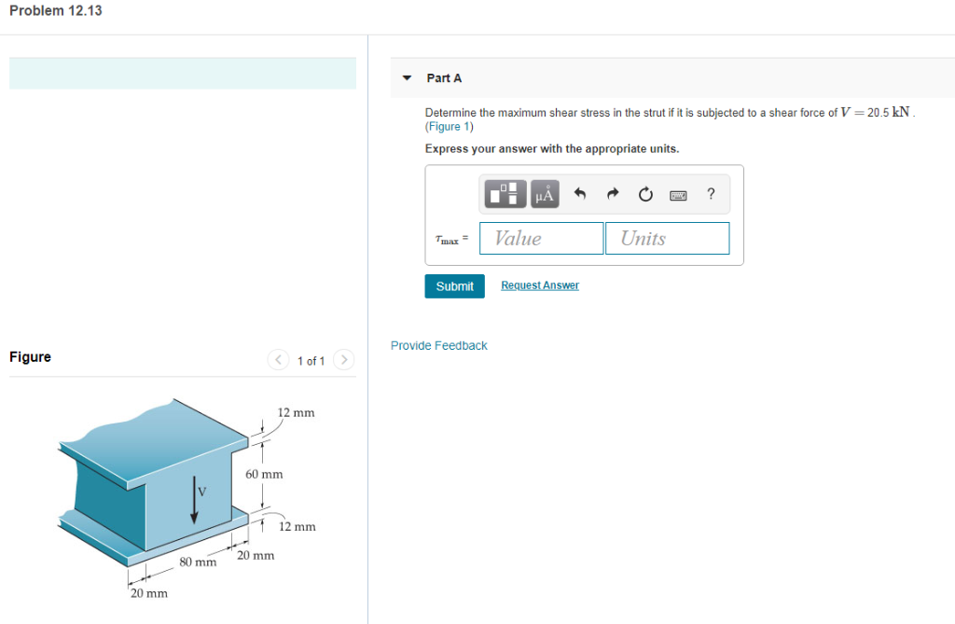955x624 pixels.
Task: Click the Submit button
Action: click(454, 286)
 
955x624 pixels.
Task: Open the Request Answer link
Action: click(539, 285)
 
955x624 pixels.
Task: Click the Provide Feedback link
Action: click(438, 346)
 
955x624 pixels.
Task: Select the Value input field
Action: click(541, 239)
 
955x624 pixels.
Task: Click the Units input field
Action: click(666, 239)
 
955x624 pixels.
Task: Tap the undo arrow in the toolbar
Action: click(580, 195)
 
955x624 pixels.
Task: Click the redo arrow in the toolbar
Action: click(613, 195)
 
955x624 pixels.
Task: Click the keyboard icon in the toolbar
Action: click(678, 195)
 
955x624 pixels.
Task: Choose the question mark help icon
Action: click(711, 194)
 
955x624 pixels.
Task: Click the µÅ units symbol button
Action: click(544, 195)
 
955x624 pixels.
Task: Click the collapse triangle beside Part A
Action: click(407, 78)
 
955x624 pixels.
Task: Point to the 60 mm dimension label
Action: click(264, 475)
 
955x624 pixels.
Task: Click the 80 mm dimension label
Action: click(198, 562)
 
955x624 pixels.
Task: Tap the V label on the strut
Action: click(202, 492)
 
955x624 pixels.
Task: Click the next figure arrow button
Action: click(344, 360)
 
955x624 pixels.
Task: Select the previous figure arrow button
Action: click(278, 360)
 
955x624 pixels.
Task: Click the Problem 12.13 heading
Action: click(55, 10)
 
